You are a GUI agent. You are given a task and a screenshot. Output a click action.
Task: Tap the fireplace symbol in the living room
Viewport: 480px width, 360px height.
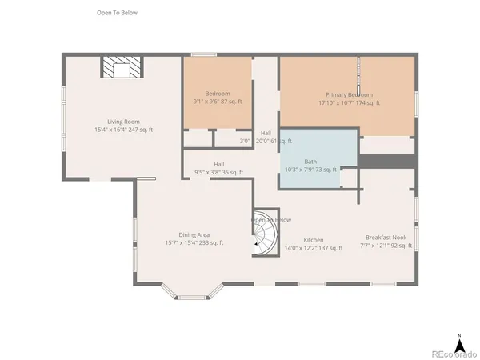click(x=121, y=67)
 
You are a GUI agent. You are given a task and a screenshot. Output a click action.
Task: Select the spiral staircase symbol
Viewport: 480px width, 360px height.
click(x=263, y=238)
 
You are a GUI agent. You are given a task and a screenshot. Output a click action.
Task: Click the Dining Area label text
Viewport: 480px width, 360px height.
click(x=193, y=234)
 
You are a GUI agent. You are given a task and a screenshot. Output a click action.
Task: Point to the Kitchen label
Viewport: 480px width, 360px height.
click(x=313, y=240)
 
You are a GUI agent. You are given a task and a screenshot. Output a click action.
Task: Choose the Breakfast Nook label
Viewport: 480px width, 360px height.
click(x=386, y=238)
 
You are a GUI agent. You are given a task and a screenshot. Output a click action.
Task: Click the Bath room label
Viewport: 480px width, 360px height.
click(x=310, y=161)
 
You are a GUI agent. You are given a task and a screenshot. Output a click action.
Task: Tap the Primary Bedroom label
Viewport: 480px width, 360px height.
click(x=349, y=94)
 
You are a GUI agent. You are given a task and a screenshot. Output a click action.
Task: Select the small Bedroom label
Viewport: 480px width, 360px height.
click(x=218, y=94)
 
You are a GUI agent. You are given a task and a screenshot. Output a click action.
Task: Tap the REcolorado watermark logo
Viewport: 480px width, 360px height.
click(x=452, y=353)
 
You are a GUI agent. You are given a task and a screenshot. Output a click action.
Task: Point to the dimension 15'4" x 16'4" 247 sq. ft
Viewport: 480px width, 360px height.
click(x=124, y=130)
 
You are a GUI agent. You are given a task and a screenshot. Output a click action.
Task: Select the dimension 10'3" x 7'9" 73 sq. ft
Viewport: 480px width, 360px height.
click(x=310, y=170)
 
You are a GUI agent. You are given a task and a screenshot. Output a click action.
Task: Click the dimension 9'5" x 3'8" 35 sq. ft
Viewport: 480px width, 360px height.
click(x=218, y=172)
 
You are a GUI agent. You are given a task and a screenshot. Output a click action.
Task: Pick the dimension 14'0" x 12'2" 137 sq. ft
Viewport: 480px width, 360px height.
click(x=313, y=248)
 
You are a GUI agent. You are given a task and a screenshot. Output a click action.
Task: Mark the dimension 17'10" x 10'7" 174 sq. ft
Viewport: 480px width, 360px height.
click(x=349, y=102)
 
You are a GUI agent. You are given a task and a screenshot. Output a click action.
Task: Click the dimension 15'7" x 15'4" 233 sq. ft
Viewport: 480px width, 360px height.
click(x=194, y=242)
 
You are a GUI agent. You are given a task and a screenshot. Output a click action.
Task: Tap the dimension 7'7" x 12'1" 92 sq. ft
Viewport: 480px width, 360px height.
click(x=386, y=246)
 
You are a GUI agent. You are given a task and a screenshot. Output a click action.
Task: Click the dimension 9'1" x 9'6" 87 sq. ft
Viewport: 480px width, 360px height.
click(x=218, y=102)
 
